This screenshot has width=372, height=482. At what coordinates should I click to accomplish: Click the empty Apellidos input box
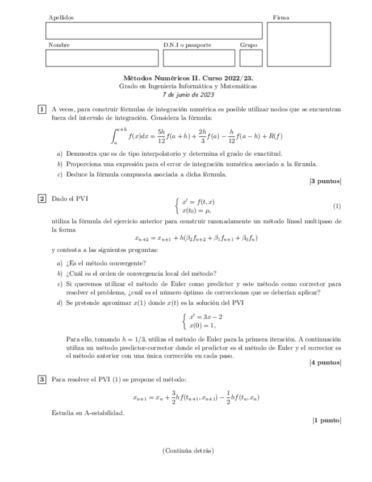coord(154,31)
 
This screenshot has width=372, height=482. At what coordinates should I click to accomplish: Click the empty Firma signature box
coord(298,44)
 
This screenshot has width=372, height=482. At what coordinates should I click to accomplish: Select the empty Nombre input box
coord(102,59)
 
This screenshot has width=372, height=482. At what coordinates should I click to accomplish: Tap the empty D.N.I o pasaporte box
coord(199,59)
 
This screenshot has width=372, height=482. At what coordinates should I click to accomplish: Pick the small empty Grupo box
coord(251,59)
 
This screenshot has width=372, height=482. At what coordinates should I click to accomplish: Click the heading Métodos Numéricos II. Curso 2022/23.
coord(188,78)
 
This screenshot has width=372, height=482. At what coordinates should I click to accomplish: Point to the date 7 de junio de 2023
coord(188,94)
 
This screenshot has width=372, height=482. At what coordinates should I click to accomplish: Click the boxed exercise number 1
coord(42,109)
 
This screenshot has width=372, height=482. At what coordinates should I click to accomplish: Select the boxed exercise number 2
coord(42,198)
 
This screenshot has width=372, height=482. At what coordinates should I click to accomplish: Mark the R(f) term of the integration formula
coord(275,136)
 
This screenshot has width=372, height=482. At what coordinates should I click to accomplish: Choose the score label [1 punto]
coord(327,421)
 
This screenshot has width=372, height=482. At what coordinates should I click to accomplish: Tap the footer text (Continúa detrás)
coord(188,451)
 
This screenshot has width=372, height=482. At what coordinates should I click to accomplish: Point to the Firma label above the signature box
coord(281,18)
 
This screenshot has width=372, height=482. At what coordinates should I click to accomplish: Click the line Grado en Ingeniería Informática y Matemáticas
coord(188,86)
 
